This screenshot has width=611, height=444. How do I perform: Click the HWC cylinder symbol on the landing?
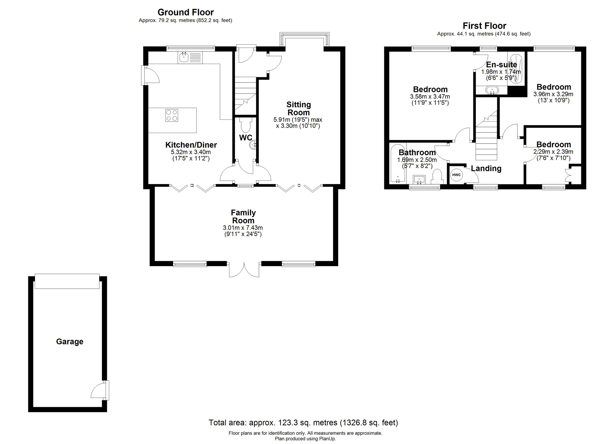[x=457, y=175]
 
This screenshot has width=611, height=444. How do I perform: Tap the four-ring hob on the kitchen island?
[x=172, y=115]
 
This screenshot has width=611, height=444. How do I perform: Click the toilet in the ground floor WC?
[x=246, y=125]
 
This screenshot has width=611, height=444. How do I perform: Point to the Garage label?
[x=70, y=341]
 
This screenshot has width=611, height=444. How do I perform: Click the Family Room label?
[x=243, y=217]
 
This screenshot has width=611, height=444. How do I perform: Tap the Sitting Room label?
[x=299, y=109]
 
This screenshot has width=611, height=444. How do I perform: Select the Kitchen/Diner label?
[x=191, y=145]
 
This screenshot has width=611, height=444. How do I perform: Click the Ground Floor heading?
[x=186, y=12]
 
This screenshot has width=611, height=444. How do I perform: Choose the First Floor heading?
[x=485, y=26]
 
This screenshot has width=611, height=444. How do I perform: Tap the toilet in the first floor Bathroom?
[x=437, y=177]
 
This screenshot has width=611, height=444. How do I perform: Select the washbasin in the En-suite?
[x=492, y=90]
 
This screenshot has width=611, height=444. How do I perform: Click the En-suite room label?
[x=501, y=65]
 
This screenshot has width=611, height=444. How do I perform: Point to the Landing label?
[x=486, y=169]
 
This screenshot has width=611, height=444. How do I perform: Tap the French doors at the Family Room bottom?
[x=244, y=270]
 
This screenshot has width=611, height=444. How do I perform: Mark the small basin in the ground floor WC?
[x=253, y=145]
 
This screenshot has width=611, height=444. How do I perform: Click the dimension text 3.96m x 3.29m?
[x=553, y=94]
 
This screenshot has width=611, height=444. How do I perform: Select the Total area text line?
[x=303, y=423]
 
